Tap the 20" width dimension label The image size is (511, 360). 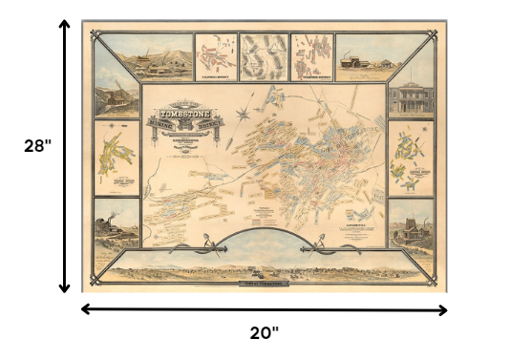pos(264,333)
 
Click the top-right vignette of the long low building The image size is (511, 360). pos(360,56)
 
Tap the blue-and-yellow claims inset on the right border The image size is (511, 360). pos(412,158)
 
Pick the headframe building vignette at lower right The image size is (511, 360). pos(412,229)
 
